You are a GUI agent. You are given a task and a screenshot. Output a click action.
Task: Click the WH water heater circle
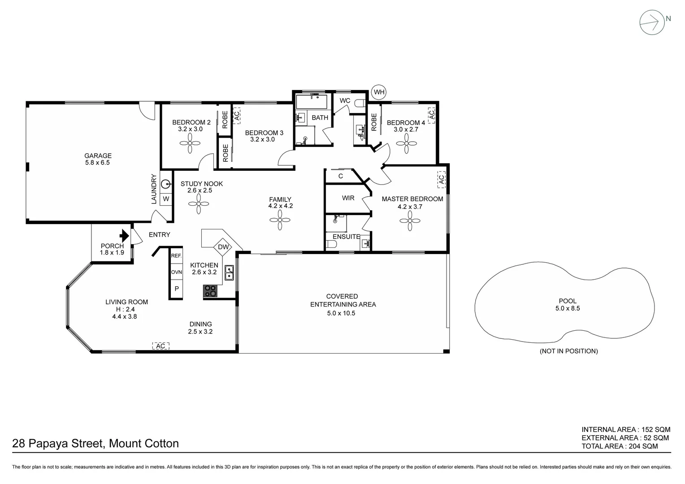[x=379, y=92]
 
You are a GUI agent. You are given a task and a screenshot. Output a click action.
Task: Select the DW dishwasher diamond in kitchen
[x=223, y=247]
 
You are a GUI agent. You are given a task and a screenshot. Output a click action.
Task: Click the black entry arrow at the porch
[x=124, y=235]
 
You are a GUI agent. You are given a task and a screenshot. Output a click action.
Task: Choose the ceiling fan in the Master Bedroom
[x=409, y=221]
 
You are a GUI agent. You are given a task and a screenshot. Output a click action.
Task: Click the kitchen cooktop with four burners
[x=210, y=291]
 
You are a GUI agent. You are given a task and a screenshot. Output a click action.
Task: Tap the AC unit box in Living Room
[x=161, y=346]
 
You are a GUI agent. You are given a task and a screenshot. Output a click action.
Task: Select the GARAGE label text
[x=98, y=156]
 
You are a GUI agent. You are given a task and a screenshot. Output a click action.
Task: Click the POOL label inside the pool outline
[x=568, y=301]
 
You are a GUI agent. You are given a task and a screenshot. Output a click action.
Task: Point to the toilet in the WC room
[x=360, y=104]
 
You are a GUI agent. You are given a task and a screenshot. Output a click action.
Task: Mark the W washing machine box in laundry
[x=166, y=199]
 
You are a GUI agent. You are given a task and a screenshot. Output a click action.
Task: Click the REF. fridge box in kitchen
[x=176, y=256]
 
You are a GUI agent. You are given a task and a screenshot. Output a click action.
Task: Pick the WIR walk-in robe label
[x=348, y=198]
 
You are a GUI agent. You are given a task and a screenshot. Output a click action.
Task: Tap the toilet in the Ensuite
[x=331, y=245]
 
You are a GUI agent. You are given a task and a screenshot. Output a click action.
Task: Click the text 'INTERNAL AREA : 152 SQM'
[x=626, y=429]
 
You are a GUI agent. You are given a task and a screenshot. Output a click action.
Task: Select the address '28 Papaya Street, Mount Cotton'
[x=95, y=444]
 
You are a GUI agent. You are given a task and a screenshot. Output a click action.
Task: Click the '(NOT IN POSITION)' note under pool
[x=568, y=351]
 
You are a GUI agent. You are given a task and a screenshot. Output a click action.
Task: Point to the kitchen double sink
[x=229, y=272]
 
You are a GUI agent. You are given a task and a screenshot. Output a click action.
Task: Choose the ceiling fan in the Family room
[x=280, y=220]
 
